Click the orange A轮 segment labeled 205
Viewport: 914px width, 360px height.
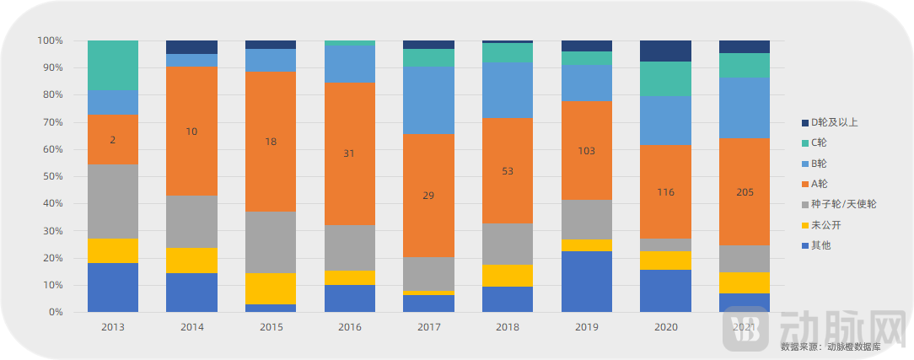point(744,191)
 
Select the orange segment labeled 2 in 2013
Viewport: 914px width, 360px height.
point(113,139)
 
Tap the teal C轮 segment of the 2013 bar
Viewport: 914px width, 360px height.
point(113,65)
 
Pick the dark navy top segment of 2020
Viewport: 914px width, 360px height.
point(666,51)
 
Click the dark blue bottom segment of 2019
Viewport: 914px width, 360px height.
point(587,282)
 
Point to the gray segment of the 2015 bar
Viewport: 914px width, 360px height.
point(271,242)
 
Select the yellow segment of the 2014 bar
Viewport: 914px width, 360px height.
point(191,260)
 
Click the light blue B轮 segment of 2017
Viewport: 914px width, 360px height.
point(428,100)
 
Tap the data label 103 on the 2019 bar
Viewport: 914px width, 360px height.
point(587,151)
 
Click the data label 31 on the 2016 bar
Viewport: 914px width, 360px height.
point(349,153)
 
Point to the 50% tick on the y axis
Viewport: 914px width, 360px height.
point(51,176)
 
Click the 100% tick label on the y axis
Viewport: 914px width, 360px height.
point(49,40)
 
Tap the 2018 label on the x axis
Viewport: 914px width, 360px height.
point(508,326)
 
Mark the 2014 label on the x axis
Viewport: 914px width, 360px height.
point(191,326)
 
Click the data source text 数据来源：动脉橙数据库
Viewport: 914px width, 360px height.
point(831,347)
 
